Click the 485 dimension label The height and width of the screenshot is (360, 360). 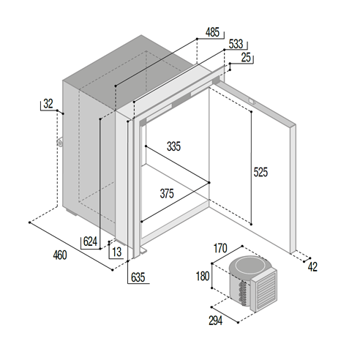pyautogui.click(x=212, y=32)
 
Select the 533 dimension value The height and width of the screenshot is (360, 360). pyautogui.click(x=236, y=44)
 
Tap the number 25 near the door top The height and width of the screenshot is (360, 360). pyautogui.click(x=246, y=57)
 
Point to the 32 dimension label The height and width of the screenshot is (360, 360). pyautogui.click(x=48, y=104)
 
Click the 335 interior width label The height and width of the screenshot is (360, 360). pyautogui.click(x=173, y=146)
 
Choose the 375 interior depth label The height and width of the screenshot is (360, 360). pyautogui.click(x=167, y=193)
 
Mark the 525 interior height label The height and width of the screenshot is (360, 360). pyautogui.click(x=260, y=172)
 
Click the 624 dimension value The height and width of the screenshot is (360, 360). pyautogui.click(x=90, y=241)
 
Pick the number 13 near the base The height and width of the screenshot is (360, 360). pyautogui.click(x=117, y=252)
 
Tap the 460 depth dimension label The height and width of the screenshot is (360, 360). pyautogui.click(x=60, y=255)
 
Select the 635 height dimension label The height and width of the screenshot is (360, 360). pyautogui.click(x=138, y=277)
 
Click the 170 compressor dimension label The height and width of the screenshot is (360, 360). pyautogui.click(x=220, y=248)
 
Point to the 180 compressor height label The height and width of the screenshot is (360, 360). pyautogui.click(x=203, y=276)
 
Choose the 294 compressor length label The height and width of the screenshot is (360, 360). pyautogui.click(x=216, y=320)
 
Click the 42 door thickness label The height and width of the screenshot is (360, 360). pyautogui.click(x=312, y=267)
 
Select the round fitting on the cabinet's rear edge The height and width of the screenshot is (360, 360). pyautogui.click(x=60, y=142)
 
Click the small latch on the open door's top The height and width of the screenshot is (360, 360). pyautogui.click(x=252, y=101)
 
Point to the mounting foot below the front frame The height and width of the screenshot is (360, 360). pyautogui.click(x=143, y=250)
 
